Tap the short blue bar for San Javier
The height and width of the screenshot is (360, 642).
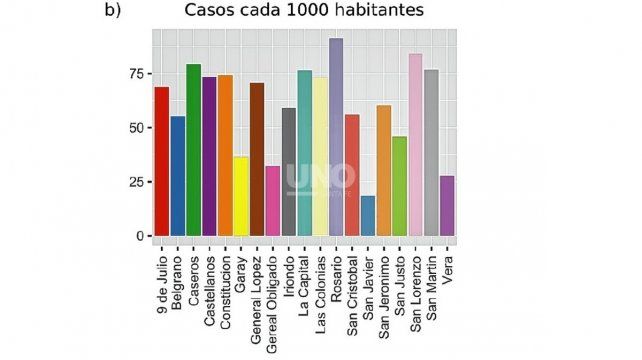[x=368, y=216]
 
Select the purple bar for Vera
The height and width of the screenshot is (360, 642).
[x=447, y=206]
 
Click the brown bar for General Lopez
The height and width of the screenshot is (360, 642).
[x=257, y=160]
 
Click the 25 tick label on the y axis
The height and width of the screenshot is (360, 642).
[x=132, y=182]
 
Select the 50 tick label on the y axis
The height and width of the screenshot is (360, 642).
[x=132, y=128]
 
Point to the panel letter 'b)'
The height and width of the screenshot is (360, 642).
[x=113, y=11]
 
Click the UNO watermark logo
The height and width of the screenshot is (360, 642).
[x=320, y=178]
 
